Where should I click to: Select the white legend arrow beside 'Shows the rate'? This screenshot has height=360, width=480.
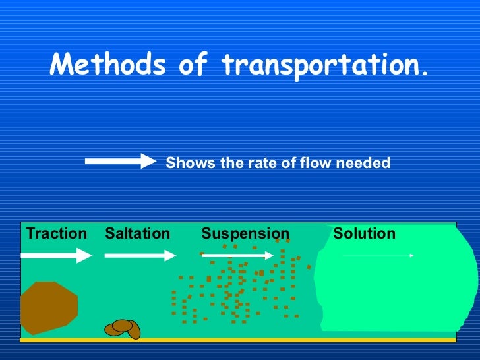[x=119, y=162]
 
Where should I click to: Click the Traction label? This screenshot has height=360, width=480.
[x=56, y=233]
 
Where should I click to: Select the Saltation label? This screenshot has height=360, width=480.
[x=137, y=233]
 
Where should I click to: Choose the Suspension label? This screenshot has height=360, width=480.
[x=245, y=233]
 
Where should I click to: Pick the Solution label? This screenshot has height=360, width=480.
[x=364, y=233]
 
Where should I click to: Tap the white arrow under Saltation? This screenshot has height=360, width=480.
[x=140, y=255]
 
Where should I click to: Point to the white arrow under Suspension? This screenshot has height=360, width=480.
[x=237, y=255]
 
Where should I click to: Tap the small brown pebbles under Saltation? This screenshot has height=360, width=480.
[x=123, y=327]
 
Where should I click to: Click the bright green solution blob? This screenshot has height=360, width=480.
[x=396, y=290]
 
